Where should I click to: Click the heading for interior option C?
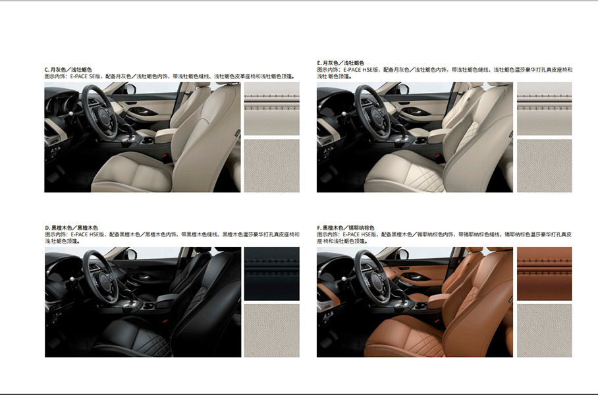point(68,69)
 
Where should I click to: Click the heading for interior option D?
point(71,228)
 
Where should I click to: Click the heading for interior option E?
point(340,63)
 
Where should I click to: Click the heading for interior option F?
point(346,228)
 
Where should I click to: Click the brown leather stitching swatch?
point(544,273)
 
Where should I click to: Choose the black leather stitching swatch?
point(272,273)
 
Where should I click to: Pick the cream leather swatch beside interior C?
point(272,109)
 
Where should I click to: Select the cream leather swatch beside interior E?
point(544,109)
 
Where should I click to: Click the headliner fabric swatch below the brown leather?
point(544,330)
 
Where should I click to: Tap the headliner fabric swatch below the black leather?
point(272,330)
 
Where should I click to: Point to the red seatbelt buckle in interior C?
point(165,155)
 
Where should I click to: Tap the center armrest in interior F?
point(439,300)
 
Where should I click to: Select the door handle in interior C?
point(146,111)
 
